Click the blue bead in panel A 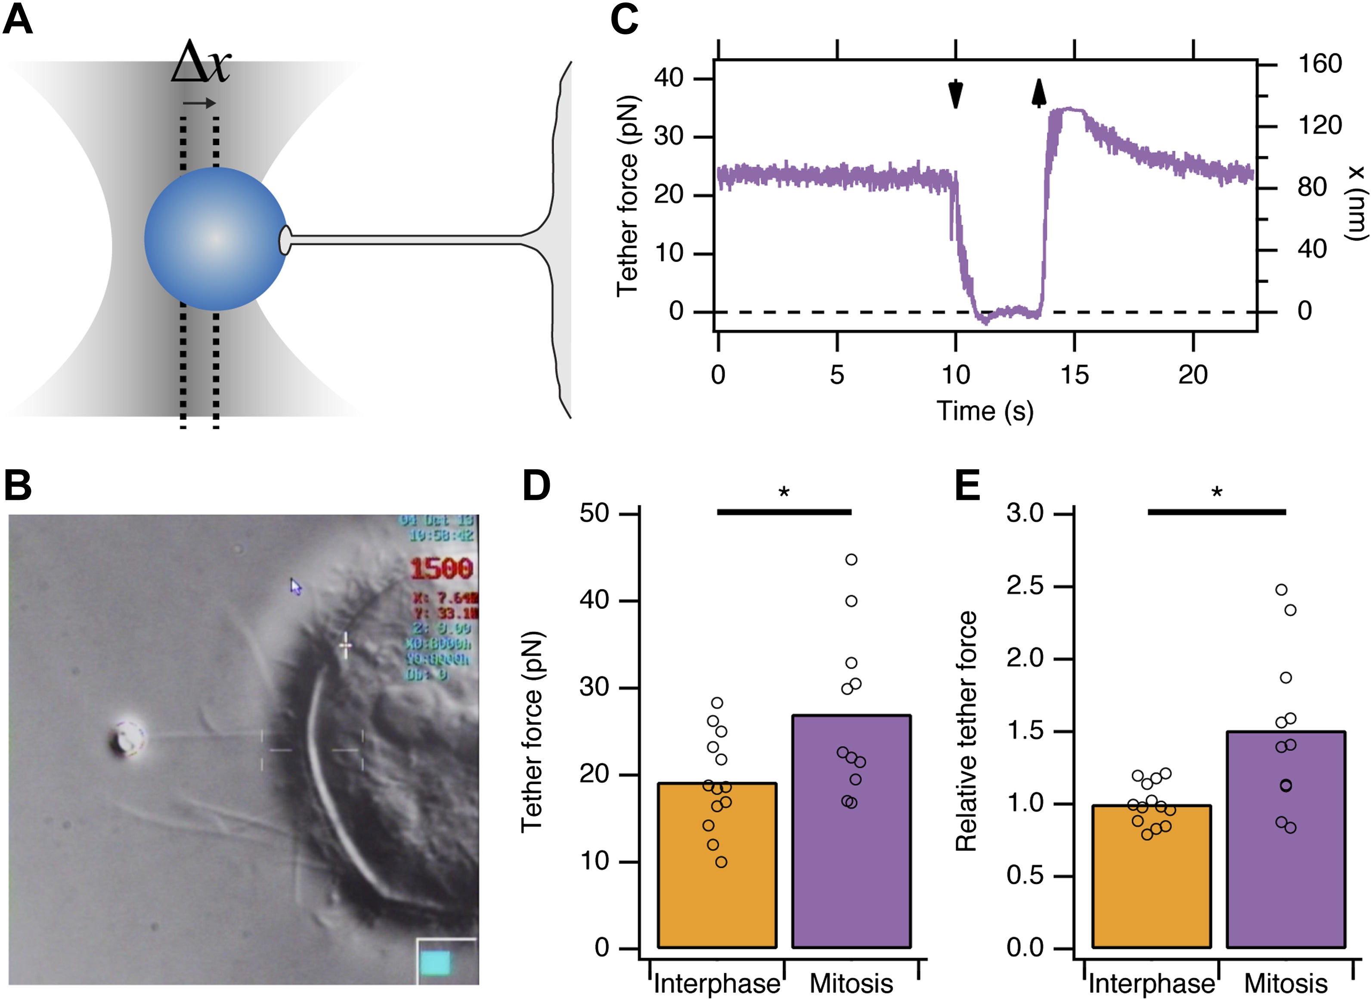215,239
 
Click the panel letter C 624,19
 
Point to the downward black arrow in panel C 955,94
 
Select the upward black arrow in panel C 1039,93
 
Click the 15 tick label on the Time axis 1074,375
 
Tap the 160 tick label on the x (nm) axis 1320,64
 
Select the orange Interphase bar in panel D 717,867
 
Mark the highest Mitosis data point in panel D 851,559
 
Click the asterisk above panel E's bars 1216,493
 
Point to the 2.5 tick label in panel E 1025,586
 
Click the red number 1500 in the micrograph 441,568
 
